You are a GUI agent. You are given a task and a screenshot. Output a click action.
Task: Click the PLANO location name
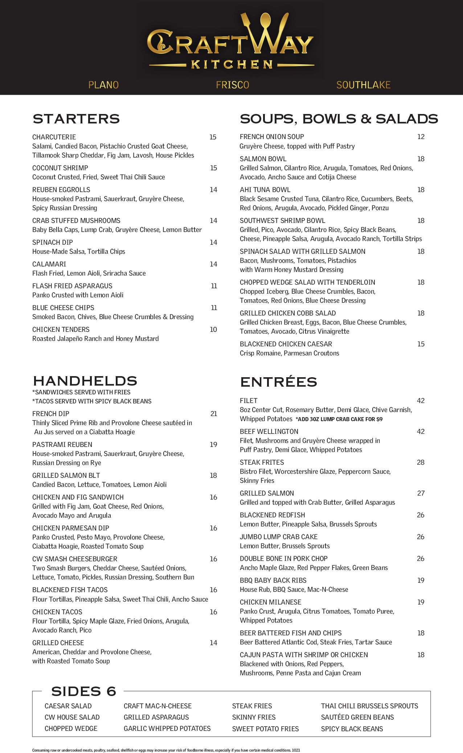coord(103,85)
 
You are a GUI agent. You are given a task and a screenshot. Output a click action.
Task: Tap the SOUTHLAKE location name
coord(363,85)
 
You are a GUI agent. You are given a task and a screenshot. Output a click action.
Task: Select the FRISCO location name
coord(233,85)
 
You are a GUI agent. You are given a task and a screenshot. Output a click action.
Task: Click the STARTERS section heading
coord(76,119)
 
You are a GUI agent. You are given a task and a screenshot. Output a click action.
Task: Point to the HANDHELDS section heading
coord(85,381)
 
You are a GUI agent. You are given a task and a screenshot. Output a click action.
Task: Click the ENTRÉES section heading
coord(278,382)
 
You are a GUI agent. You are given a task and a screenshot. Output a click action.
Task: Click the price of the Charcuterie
coord(213,137)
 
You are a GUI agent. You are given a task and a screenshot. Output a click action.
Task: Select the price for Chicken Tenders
coord(213,330)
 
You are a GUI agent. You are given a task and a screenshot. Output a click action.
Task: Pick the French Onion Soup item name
coord(272,137)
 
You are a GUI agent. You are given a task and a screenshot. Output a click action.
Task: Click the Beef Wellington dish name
coord(269,432)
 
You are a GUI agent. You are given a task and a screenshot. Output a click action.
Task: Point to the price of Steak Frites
coord(421,463)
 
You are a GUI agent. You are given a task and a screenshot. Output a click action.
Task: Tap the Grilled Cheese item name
coord(58,643)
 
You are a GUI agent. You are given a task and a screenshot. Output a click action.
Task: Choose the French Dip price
coord(214,414)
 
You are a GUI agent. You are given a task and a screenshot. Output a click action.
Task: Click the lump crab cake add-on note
coord(339,419)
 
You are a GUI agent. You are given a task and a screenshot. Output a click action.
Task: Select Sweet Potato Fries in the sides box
coord(265,729)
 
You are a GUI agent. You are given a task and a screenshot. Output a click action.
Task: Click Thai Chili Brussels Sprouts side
coord(369,706)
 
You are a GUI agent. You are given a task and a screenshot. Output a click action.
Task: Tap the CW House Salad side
coord(72,717)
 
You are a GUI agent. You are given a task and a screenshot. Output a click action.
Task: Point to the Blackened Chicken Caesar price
coord(421,344)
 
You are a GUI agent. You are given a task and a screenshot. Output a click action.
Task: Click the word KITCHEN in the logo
coord(232,65)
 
